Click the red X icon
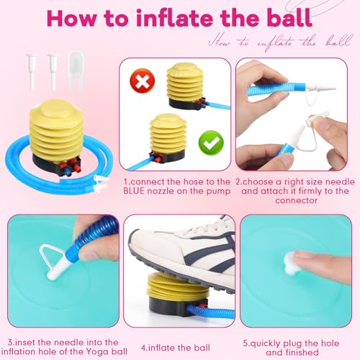(143, 81)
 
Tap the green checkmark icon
(211, 143)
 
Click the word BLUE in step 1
(134, 191)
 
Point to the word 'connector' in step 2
(297, 200)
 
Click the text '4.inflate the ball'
(176, 348)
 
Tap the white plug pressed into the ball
(292, 264)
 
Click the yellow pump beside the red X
(186, 86)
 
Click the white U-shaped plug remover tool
(76, 72)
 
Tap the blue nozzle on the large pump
(66, 171)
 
